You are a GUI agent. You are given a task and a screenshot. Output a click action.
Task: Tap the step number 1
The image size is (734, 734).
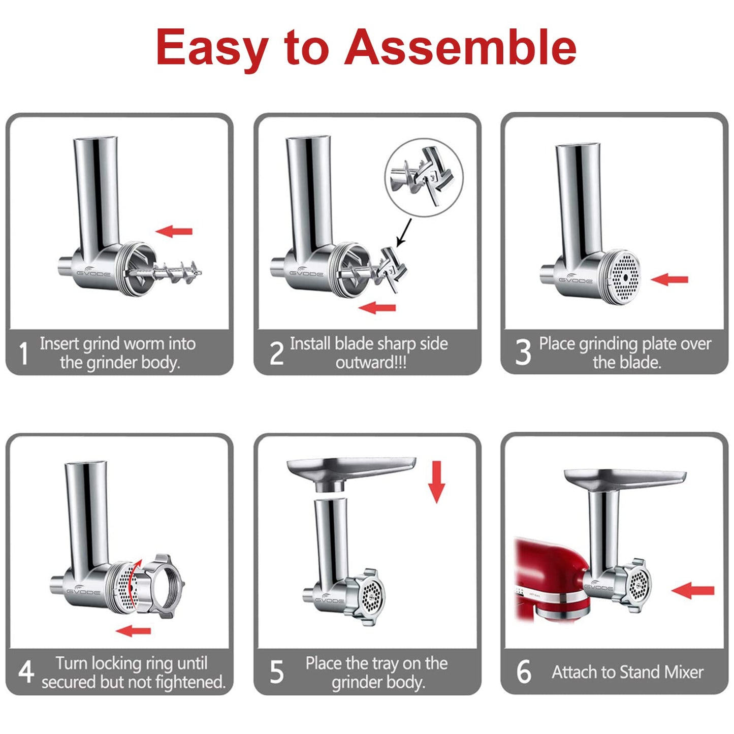tap(23, 354)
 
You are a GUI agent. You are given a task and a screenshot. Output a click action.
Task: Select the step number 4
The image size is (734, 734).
tap(25, 672)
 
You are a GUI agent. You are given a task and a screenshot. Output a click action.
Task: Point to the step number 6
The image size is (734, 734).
tap(523, 672)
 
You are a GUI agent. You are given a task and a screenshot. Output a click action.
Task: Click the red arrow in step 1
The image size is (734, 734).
tap(174, 232)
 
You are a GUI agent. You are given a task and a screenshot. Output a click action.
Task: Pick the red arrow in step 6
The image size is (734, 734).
tap(693, 590)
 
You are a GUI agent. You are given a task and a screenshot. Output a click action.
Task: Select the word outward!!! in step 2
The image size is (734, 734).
tap(371, 363)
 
